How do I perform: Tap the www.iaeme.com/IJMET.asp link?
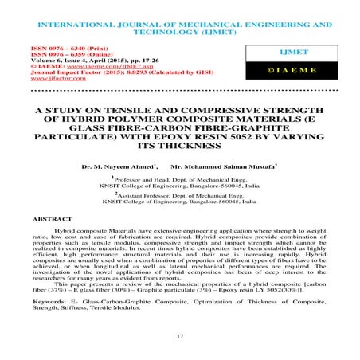(80, 68)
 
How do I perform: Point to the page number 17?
(180, 338)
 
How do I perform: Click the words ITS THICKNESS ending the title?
(180, 147)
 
